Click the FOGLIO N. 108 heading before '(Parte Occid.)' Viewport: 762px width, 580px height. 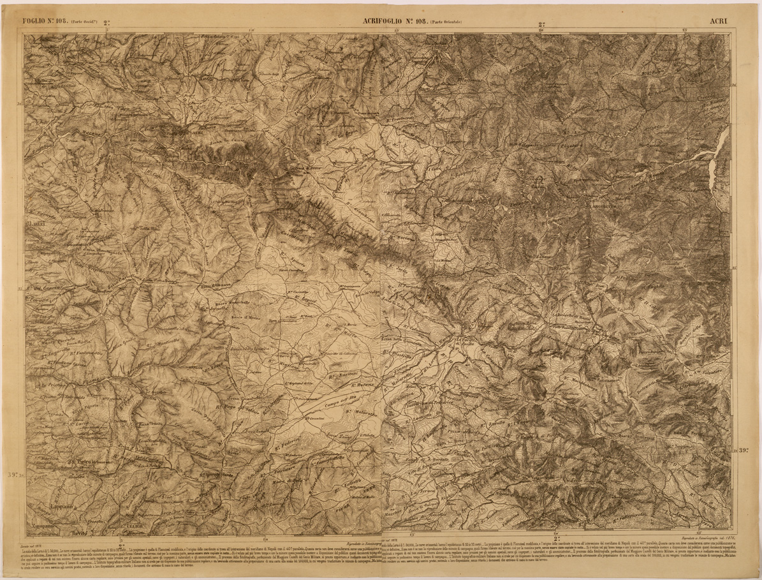click(45, 20)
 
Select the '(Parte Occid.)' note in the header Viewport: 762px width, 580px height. click(84, 21)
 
